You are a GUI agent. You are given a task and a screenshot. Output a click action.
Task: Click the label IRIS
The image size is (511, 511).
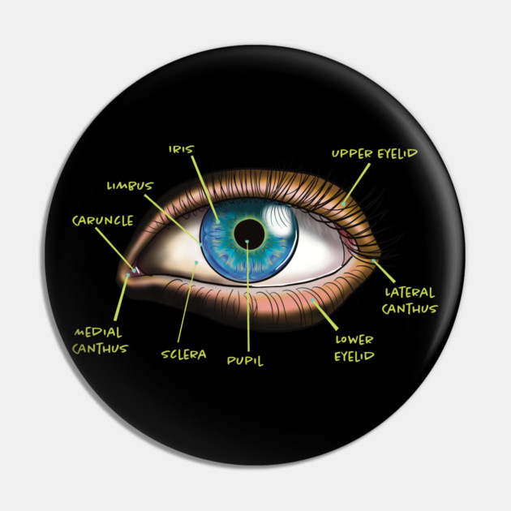pos(182,150)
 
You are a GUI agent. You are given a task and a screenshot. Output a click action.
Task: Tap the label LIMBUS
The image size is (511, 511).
pos(129,186)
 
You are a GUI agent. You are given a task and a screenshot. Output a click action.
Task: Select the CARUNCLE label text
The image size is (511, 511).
pos(101,220)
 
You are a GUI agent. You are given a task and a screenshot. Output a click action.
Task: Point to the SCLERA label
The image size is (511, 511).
pos(183,354)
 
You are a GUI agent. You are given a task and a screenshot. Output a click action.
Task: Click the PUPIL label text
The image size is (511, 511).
pos(245,361)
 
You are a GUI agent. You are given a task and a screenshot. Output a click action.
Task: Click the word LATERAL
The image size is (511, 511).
pos(410,292)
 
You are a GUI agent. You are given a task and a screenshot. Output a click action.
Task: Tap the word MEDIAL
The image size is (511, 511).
pos(98,333)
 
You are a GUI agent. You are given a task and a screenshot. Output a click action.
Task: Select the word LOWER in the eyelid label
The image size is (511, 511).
pos(354,340)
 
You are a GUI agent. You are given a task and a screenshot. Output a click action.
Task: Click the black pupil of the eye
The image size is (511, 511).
pos(249,235)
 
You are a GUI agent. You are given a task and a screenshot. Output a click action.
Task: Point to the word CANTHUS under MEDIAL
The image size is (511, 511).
pos(100,349)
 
